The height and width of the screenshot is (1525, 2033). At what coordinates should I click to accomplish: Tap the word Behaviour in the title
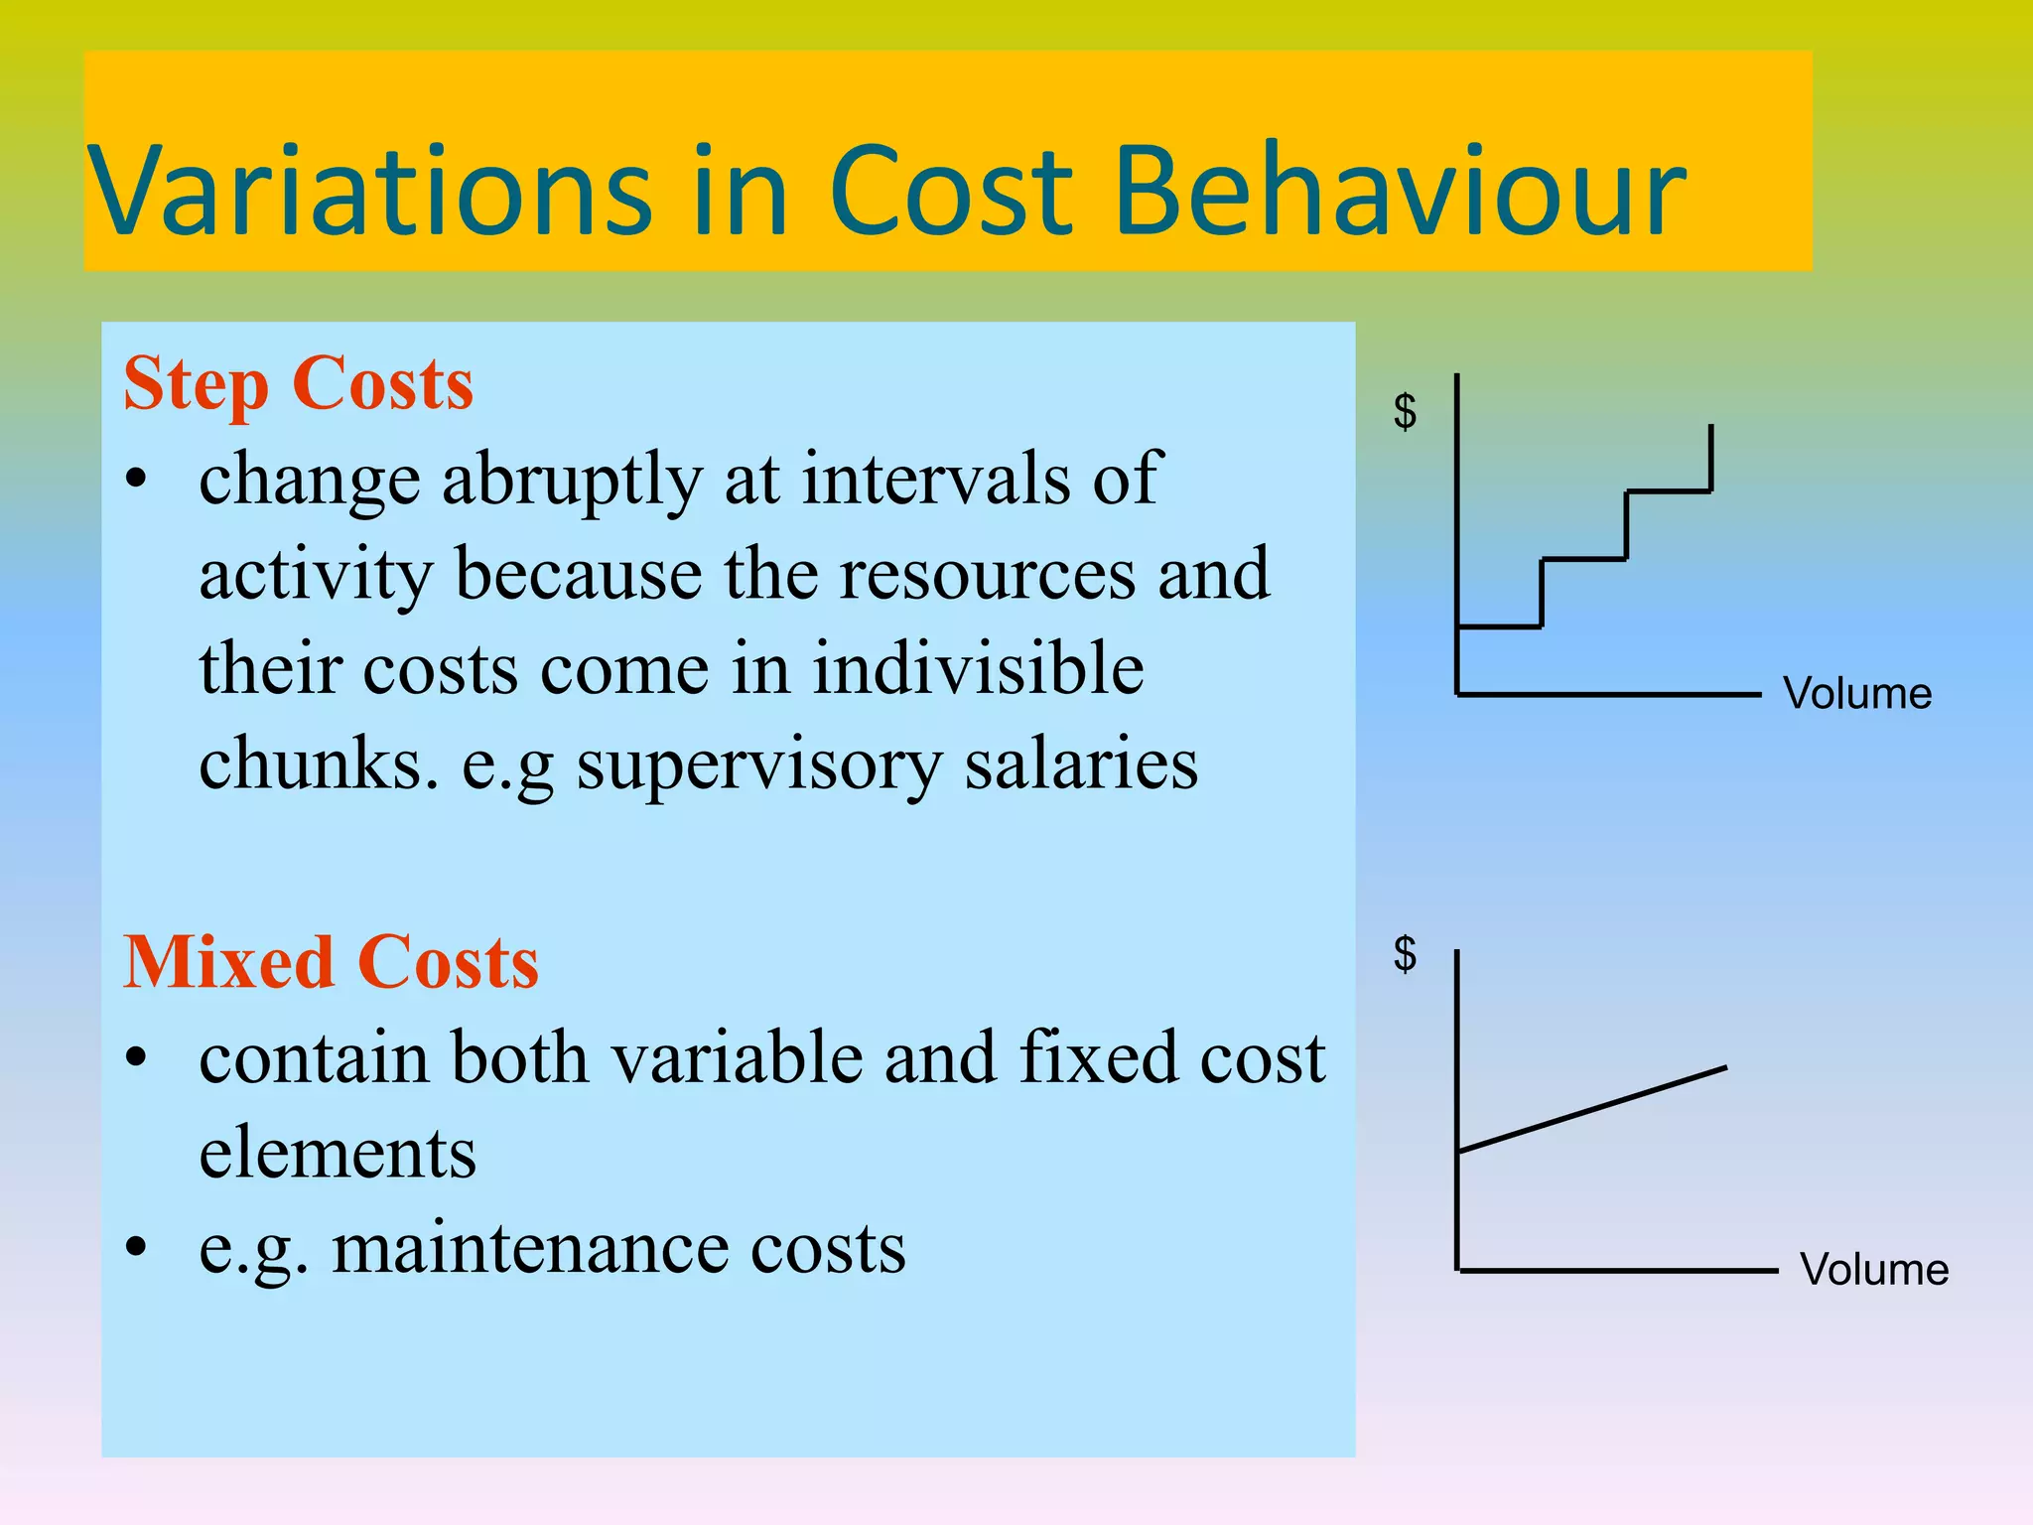pyautogui.click(x=1400, y=191)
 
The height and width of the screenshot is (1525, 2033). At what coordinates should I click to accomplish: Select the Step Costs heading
pyautogui.click(x=298, y=384)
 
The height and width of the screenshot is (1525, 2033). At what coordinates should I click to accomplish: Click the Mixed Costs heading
pyautogui.click(x=331, y=963)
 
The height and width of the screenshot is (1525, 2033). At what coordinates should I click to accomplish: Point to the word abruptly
pyautogui.click(x=572, y=481)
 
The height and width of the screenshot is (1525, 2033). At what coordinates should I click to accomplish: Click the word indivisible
pyautogui.click(x=978, y=668)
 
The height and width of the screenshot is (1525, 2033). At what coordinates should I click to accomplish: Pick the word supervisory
pyautogui.click(x=759, y=765)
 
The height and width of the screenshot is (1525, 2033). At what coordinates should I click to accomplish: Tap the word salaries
pyautogui.click(x=1081, y=765)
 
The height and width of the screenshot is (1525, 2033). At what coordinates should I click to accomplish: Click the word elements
pyautogui.click(x=338, y=1153)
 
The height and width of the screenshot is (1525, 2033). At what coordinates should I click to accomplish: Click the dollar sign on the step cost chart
pyautogui.click(x=1405, y=411)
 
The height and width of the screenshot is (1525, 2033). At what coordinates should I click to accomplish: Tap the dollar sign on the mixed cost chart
pyautogui.click(x=1405, y=954)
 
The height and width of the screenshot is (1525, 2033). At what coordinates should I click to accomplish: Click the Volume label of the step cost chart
pyautogui.click(x=1856, y=694)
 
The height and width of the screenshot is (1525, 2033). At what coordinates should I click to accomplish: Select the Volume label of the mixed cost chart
pyautogui.click(x=1873, y=1270)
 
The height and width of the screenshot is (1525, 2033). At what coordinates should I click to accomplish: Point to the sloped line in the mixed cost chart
pyautogui.click(x=1592, y=1109)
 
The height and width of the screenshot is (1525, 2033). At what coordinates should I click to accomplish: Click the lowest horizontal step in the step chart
pyautogui.click(x=1499, y=626)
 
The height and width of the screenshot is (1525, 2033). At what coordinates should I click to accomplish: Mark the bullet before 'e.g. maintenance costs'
pyautogui.click(x=137, y=1246)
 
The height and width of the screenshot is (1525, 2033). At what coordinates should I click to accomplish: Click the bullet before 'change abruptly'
pyautogui.click(x=137, y=479)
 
